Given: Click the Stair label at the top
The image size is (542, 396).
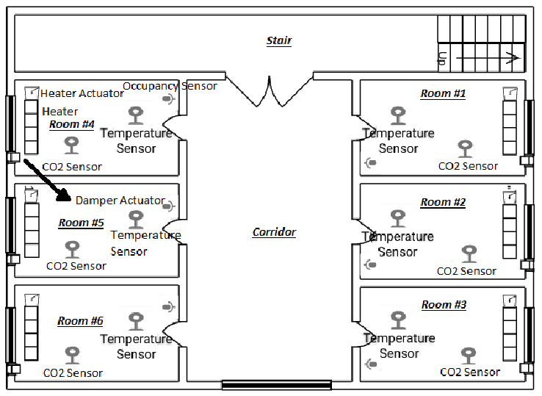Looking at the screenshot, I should pos(279,40).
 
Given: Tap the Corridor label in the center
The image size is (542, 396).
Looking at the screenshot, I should pos(274,232).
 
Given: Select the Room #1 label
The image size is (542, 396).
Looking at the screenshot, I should pos(443,93).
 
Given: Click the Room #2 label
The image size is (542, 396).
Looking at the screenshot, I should pos(443,202).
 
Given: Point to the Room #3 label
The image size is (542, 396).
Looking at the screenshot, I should pos(444,304).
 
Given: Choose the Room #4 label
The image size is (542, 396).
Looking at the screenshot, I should pos(72,124).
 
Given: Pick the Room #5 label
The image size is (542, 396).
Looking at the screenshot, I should pos(81,223).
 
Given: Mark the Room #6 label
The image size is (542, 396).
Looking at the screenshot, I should pos(80,320).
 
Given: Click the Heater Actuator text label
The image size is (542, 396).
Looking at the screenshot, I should pos(82,93).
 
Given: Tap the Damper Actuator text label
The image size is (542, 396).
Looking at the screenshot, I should pos(120,200).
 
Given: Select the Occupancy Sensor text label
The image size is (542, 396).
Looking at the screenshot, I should pos(170,86).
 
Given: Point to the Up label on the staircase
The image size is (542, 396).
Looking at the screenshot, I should pos(442,59).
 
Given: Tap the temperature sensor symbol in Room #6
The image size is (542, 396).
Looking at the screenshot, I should pos(136,321).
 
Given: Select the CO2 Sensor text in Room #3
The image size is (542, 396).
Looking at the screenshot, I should pos(470,372).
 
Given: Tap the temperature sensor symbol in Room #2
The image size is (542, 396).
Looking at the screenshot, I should pos(397,218).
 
